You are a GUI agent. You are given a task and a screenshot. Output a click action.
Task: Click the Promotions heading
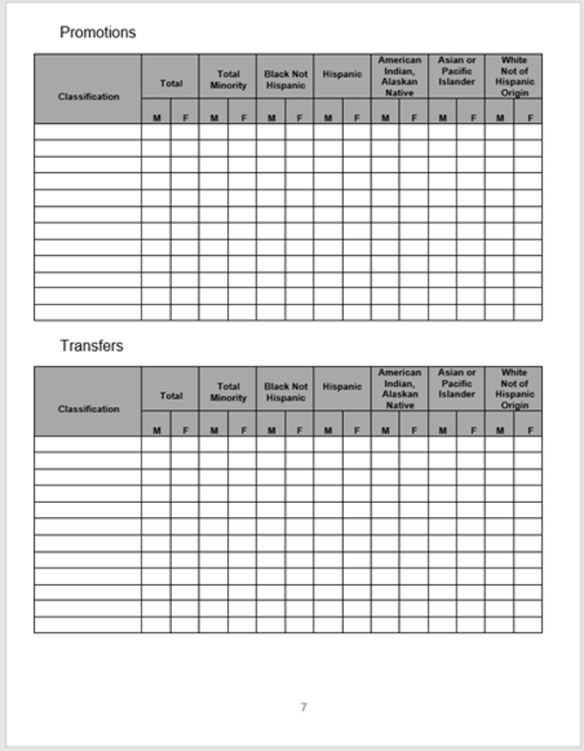click(98, 32)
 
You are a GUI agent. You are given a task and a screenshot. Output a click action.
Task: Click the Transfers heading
click(92, 346)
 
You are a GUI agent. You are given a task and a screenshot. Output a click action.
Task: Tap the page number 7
click(303, 707)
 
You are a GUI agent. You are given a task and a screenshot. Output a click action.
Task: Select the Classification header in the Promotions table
click(88, 96)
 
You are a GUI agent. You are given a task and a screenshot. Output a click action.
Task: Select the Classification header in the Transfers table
click(88, 409)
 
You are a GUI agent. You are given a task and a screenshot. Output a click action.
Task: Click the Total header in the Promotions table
click(171, 84)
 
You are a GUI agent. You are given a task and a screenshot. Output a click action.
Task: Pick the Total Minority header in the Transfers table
click(228, 392)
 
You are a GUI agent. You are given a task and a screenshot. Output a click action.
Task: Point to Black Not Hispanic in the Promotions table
click(285, 80)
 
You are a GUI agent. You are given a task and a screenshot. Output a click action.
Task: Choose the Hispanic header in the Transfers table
click(342, 387)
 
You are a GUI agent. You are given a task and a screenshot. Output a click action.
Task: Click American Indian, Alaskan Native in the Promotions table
click(400, 76)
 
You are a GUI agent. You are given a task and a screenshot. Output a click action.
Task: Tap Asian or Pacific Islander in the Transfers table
click(457, 383)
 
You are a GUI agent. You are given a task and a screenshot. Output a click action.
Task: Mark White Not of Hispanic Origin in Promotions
click(514, 76)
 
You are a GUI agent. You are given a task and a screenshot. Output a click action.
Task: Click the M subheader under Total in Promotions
click(156, 117)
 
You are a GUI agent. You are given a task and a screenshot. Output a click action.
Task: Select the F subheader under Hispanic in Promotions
click(357, 117)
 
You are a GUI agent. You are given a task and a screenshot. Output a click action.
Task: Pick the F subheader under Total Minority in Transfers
click(243, 430)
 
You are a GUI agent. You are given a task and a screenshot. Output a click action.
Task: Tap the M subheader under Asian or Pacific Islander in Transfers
click(443, 430)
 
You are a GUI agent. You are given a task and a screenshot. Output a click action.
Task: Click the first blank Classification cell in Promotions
click(88, 132)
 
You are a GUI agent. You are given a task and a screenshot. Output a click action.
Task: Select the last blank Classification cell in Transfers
click(88, 624)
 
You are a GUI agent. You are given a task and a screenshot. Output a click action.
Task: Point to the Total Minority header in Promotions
click(228, 80)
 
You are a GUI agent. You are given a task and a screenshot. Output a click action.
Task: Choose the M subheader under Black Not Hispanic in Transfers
click(271, 430)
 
